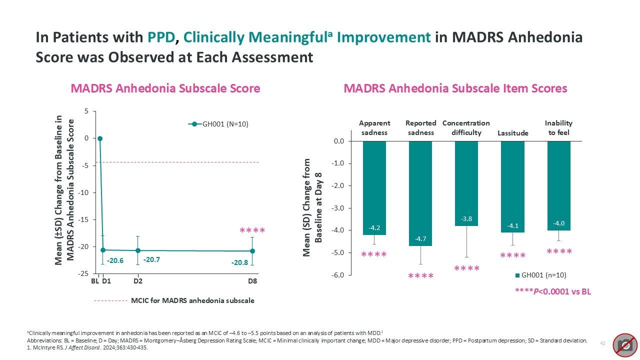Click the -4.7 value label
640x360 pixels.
coord(420,239)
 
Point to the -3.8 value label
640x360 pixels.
coord(466,219)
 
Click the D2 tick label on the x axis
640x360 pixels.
coord(137,281)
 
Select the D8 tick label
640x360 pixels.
coord(253,281)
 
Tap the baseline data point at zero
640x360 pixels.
coord(100,138)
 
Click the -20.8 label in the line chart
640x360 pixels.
coord(239,262)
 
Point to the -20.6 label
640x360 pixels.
coord(115,260)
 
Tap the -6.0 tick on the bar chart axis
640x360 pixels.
coord(338,275)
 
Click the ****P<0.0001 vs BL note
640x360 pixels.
coord(553,291)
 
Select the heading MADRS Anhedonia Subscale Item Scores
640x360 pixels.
coord(455,88)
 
